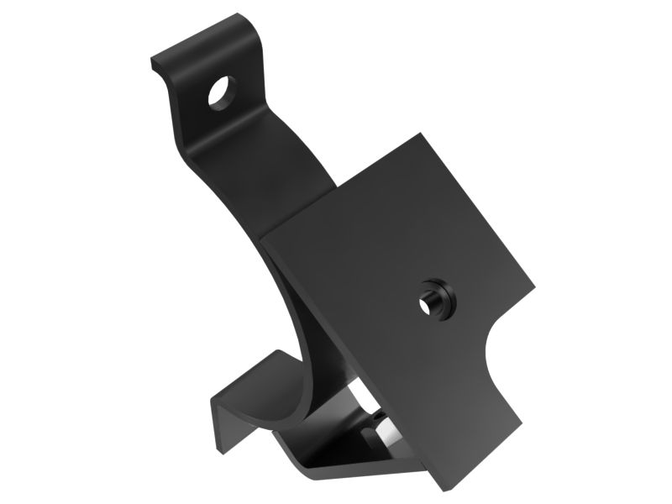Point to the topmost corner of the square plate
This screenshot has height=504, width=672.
(x=423, y=135)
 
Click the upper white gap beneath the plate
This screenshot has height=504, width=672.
(x=356, y=403)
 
